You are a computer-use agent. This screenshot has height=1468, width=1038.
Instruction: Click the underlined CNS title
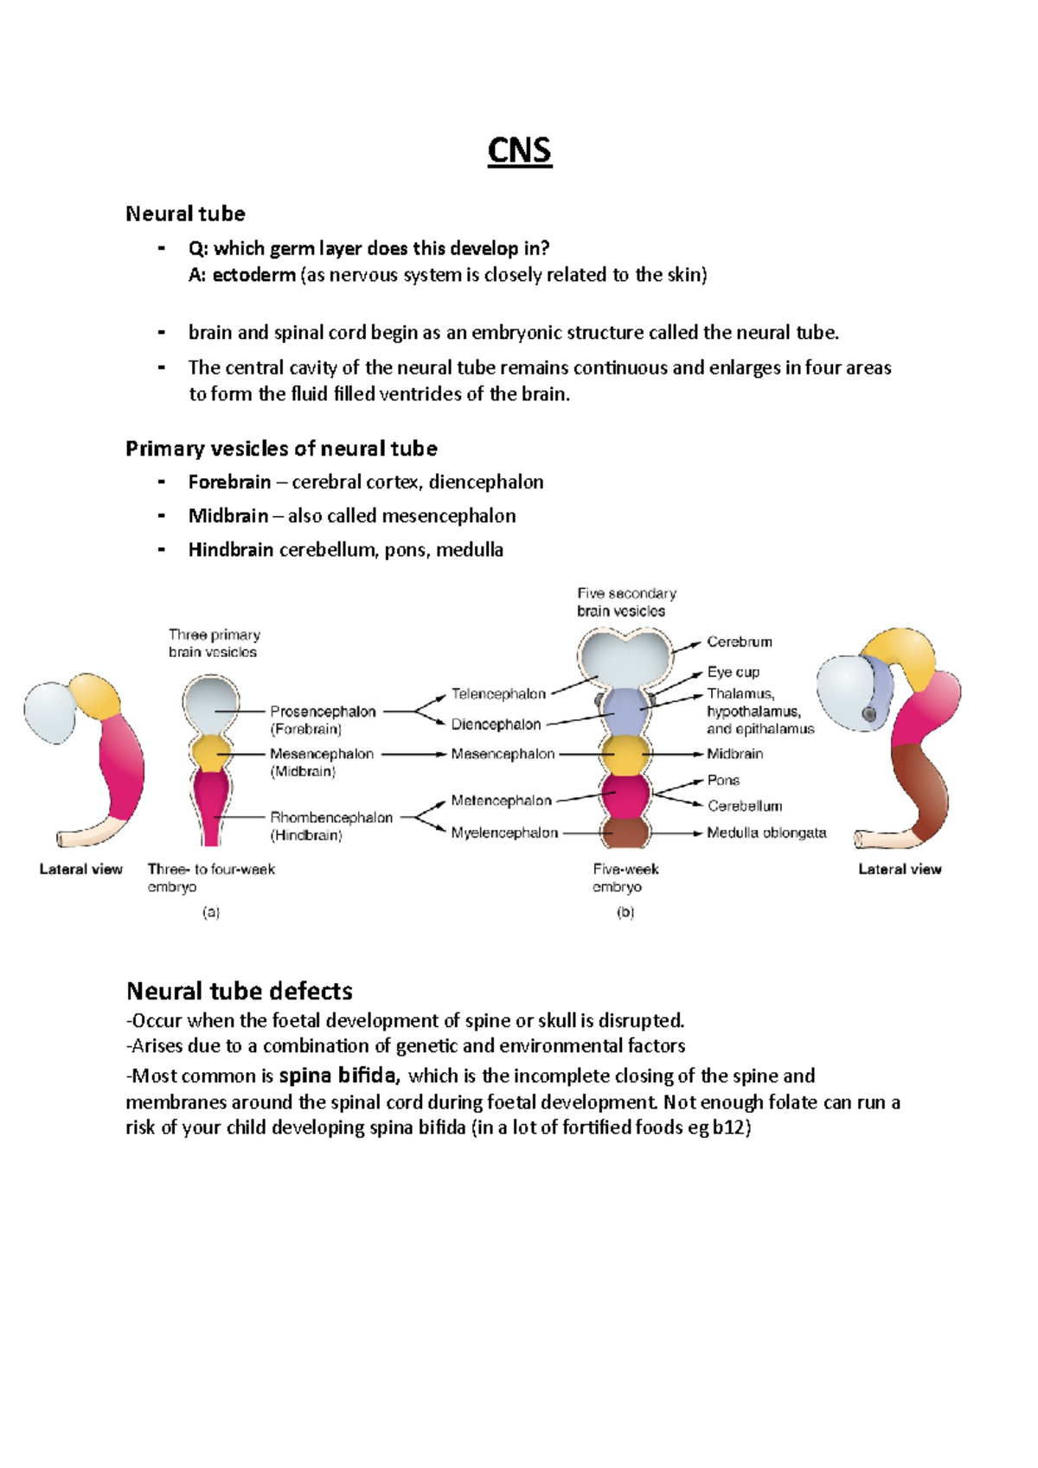[519, 150]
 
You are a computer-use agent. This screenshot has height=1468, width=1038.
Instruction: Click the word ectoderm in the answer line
[253, 275]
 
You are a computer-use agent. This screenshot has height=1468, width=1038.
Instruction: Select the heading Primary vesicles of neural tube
[281, 448]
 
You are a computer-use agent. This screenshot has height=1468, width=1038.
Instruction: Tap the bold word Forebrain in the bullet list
[229, 482]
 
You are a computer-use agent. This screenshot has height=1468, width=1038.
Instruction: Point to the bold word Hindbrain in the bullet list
[231, 550]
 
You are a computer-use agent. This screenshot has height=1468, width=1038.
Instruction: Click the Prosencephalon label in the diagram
[323, 712]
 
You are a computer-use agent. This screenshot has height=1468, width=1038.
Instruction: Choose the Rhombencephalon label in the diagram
[331, 818]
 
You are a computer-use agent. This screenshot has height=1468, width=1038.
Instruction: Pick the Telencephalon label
[498, 694]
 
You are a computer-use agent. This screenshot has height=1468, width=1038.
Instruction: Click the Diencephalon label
[496, 724]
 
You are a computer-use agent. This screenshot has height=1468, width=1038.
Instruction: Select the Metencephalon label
[501, 801]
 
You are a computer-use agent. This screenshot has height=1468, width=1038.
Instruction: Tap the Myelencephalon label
[504, 833]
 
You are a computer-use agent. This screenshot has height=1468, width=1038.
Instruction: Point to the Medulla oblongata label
[766, 833]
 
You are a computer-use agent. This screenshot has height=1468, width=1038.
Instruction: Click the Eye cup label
[733, 672]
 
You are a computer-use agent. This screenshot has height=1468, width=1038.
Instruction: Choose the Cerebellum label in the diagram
[745, 807]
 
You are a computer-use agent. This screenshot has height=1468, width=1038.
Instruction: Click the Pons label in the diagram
[723, 780]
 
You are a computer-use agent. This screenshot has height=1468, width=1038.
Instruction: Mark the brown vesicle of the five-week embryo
[625, 833]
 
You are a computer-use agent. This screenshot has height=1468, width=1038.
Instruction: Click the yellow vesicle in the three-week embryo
[210, 753]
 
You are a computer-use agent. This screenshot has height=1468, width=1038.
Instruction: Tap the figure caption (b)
[625, 912]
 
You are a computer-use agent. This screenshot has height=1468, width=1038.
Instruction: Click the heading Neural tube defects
[240, 991]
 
